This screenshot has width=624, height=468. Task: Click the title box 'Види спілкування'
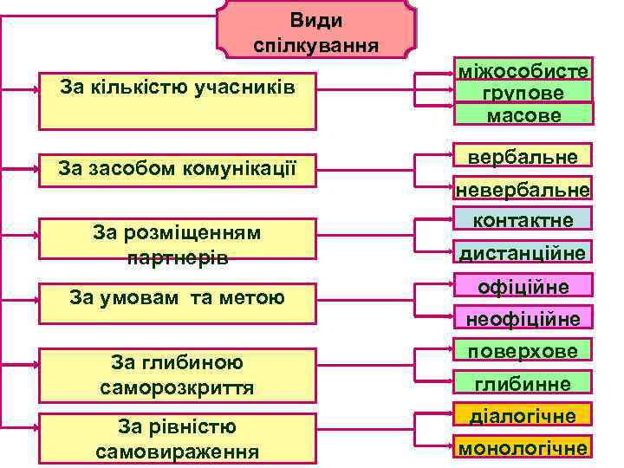[315, 31]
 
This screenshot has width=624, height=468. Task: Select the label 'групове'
[523, 92]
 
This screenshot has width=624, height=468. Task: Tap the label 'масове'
[523, 114]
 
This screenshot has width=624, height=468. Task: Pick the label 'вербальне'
[523, 155]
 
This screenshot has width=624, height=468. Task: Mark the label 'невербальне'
[523, 189]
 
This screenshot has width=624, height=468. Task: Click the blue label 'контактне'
[523, 219]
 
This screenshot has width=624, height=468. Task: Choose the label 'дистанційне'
[523, 252]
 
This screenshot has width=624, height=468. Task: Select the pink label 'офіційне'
[523, 286]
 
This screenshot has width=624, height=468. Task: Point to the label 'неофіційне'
[523, 318]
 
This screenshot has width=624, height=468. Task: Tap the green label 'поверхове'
[523, 350]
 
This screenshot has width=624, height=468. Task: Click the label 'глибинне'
[523, 382]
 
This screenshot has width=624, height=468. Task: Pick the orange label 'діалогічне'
[523, 415]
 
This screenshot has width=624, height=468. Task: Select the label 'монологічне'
[523, 447]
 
